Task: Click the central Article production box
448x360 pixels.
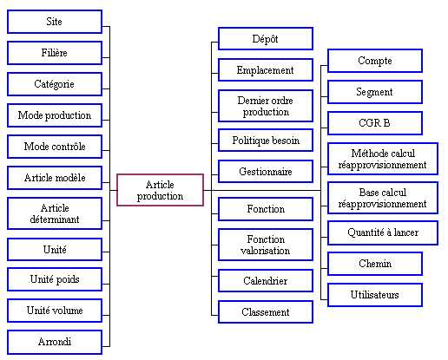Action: pyautogui.click(x=160, y=190)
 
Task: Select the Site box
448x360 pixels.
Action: pyautogui.click(x=55, y=22)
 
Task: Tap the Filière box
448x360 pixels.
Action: pyautogui.click(x=55, y=53)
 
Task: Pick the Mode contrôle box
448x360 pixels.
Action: pyautogui.click(x=55, y=147)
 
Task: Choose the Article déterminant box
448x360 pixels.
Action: pyautogui.click(x=55, y=213)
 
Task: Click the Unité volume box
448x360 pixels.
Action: pyautogui.click(x=55, y=311)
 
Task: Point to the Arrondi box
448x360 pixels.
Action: pyautogui.click(x=55, y=342)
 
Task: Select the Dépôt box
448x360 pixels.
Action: pyautogui.click(x=266, y=39)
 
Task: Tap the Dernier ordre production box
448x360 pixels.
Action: pyautogui.click(x=266, y=106)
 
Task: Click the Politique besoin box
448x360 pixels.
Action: pyautogui.click(x=266, y=141)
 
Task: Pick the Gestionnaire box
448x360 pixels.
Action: pyautogui.click(x=266, y=172)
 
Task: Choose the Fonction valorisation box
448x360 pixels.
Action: pyautogui.click(x=266, y=245)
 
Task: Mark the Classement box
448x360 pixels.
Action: pyautogui.click(x=266, y=312)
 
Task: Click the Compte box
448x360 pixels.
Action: pyautogui.click(x=375, y=61)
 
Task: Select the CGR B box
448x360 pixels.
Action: pyautogui.click(x=375, y=123)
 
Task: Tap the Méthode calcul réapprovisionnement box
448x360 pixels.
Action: pyautogui.click(x=383, y=159)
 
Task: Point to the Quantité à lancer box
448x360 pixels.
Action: pyautogui.click(x=383, y=232)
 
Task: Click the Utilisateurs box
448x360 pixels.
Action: pyautogui.click(x=375, y=295)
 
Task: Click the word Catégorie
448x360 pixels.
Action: pyautogui.click(x=54, y=84)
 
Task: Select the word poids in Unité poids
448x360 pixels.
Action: pyautogui.click(x=67, y=279)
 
